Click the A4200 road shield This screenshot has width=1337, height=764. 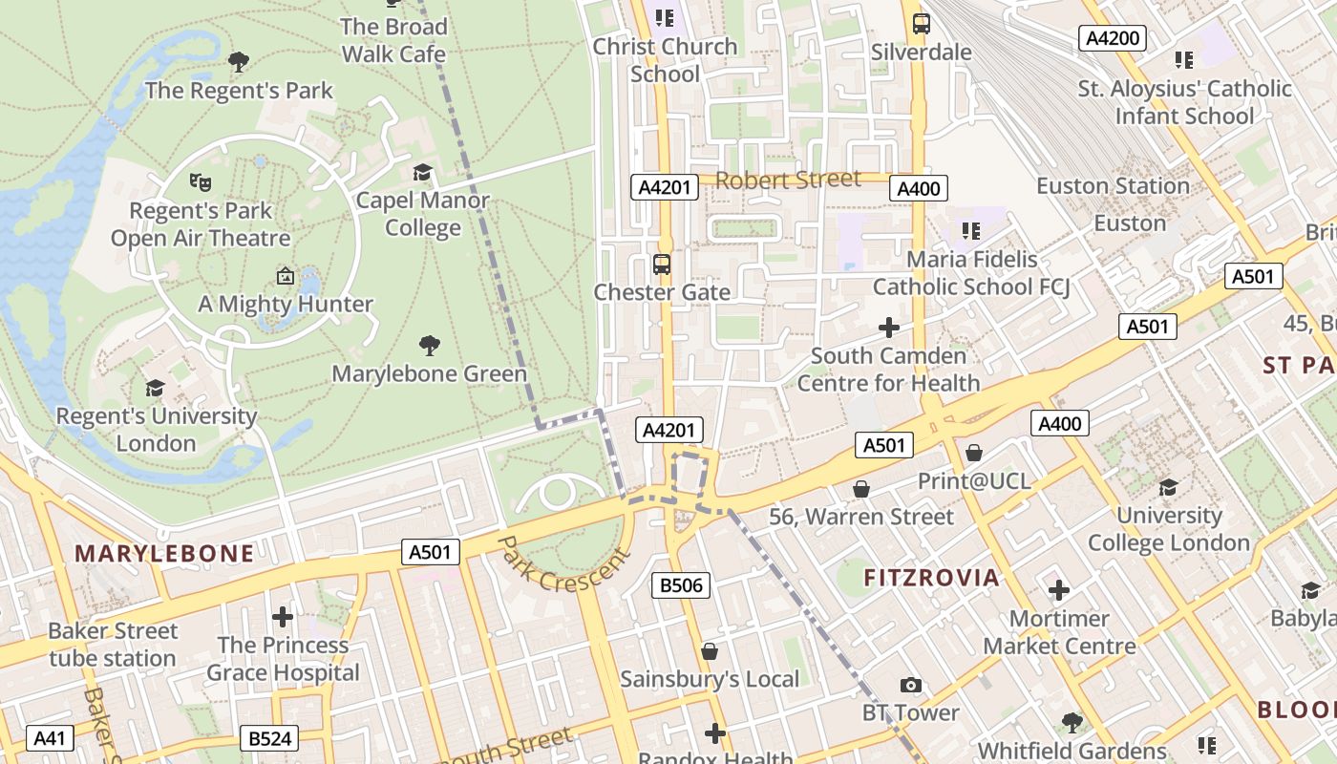click(1112, 38)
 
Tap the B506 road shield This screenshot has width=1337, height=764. click(682, 585)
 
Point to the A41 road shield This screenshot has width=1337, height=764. click(50, 738)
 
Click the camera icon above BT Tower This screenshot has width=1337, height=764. click(911, 685)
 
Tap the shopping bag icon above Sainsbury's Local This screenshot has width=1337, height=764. click(709, 651)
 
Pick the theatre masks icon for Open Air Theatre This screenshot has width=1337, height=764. click(200, 181)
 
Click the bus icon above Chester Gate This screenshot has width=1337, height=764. click(661, 264)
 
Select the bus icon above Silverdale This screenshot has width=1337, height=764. click(921, 24)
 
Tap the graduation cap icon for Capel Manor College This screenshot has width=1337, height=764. click(422, 172)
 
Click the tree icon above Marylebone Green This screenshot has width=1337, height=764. click(430, 345)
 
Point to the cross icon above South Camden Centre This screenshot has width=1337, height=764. click(888, 328)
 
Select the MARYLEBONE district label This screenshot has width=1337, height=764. click(164, 554)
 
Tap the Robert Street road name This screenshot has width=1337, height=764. click(788, 180)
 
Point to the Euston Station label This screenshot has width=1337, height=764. click(1113, 186)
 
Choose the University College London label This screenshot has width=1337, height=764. click(1168, 529)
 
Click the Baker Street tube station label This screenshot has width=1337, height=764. click(113, 645)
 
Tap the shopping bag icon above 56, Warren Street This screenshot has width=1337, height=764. click(861, 489)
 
